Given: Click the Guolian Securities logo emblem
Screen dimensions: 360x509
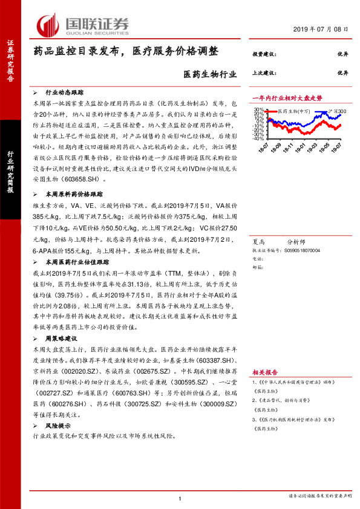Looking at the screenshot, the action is (48, 24).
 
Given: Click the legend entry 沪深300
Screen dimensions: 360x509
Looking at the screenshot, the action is (338, 112).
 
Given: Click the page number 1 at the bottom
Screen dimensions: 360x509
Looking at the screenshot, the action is (181, 499).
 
